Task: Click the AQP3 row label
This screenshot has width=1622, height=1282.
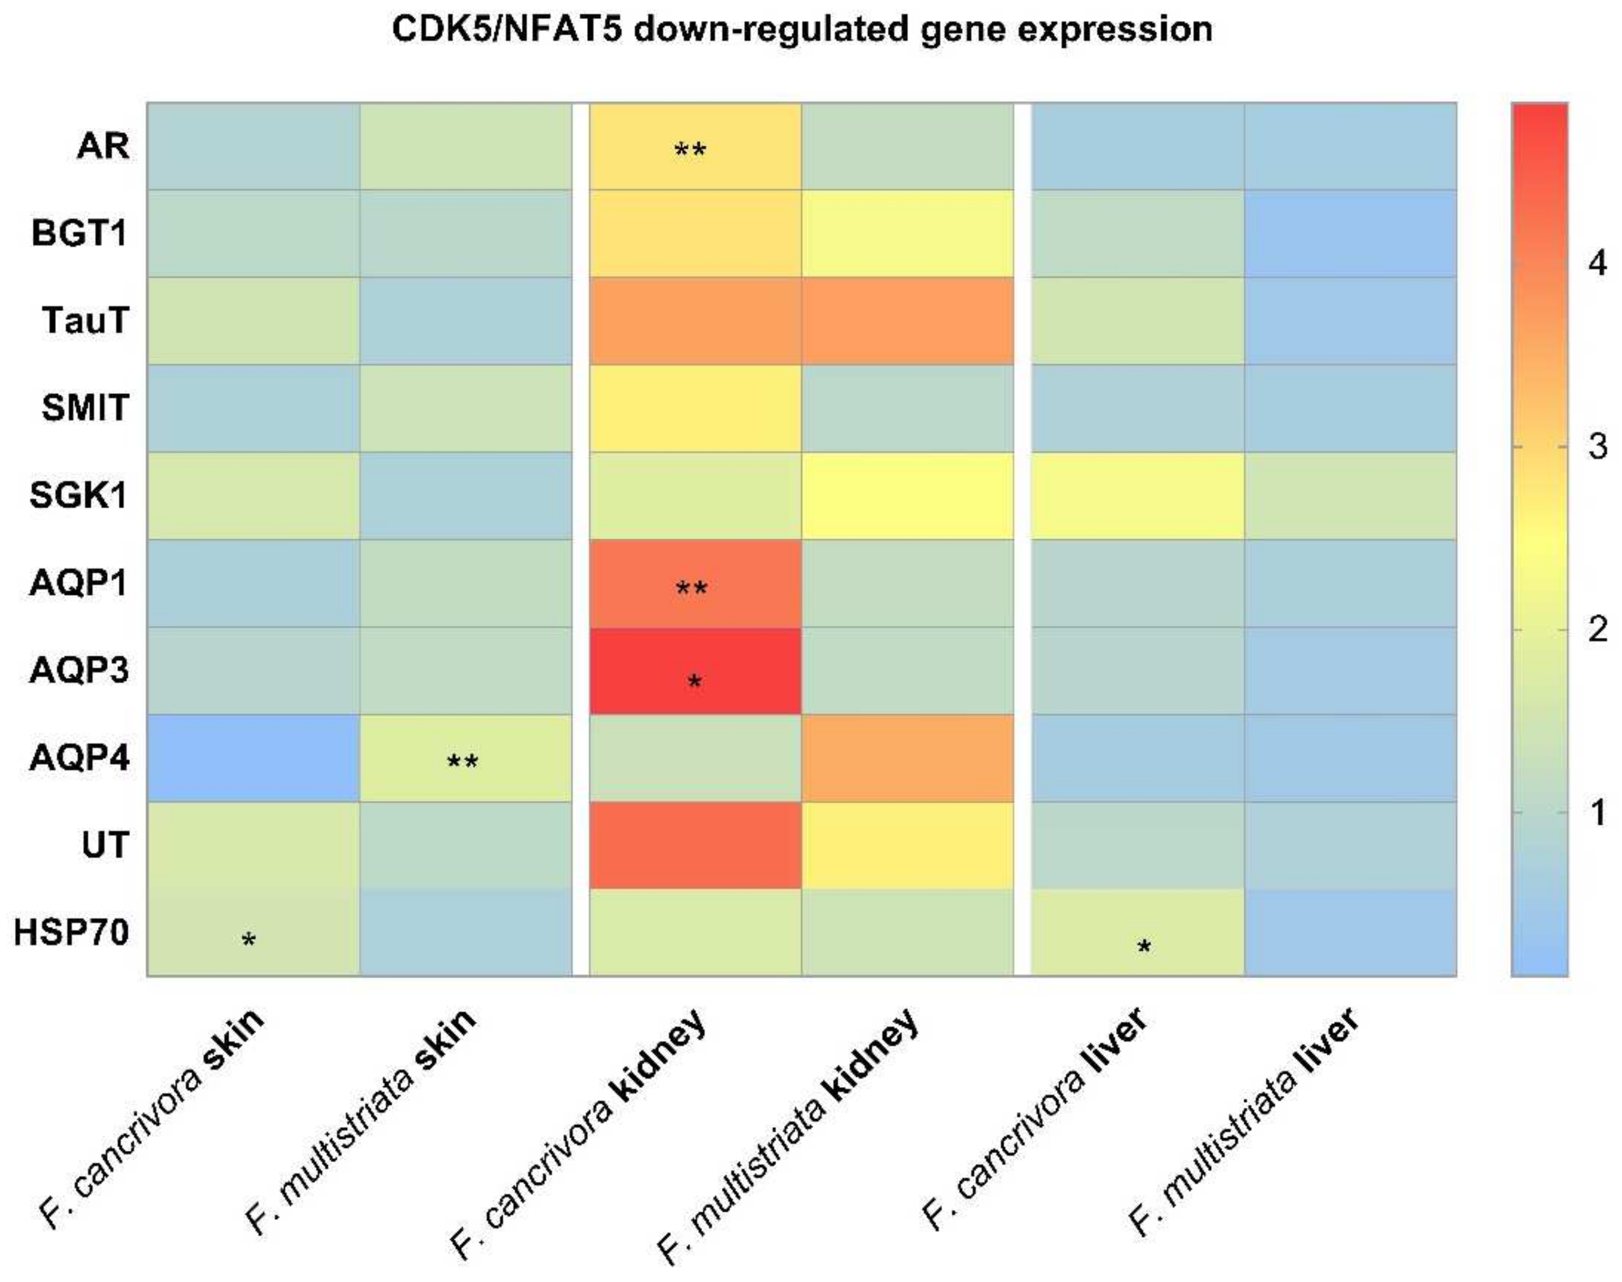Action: click(x=79, y=670)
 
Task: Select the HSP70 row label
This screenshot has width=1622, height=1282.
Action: click(x=72, y=933)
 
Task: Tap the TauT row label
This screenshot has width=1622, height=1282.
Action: click(x=85, y=321)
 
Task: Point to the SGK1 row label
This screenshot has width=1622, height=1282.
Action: click(x=79, y=495)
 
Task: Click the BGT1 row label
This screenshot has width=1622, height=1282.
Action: click(x=79, y=233)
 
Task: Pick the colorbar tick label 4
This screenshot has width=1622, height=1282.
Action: click(x=1597, y=263)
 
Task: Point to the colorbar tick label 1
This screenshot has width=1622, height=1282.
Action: click(x=1597, y=812)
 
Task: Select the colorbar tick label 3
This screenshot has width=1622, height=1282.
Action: click(x=1597, y=447)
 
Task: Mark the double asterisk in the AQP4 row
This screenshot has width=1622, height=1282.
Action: click(x=463, y=762)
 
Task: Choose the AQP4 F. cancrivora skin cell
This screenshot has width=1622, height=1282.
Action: click(x=253, y=758)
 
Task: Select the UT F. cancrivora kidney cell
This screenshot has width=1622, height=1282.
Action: click(x=695, y=845)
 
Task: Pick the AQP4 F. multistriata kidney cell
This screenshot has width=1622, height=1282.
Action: click(x=907, y=758)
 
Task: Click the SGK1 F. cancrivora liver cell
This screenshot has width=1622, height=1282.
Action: click(x=1137, y=495)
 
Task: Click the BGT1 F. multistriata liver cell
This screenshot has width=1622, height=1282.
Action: click(x=1350, y=233)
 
